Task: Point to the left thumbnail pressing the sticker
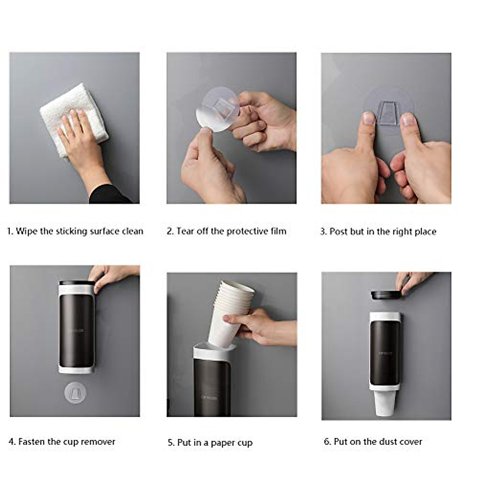[x=369, y=119]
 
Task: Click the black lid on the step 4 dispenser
[x=77, y=283]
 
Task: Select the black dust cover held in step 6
[x=387, y=295]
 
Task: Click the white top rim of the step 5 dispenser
[x=214, y=352]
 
